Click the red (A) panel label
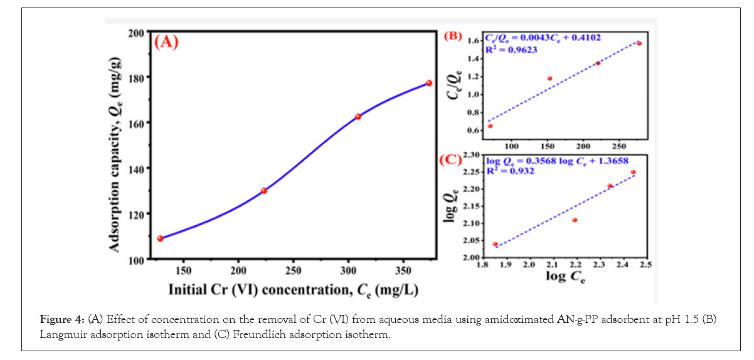click(x=167, y=43)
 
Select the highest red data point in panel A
click(x=429, y=83)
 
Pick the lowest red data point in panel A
click(x=160, y=238)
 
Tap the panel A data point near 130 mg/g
click(x=264, y=191)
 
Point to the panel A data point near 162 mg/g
click(x=358, y=117)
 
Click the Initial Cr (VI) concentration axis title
click(x=293, y=290)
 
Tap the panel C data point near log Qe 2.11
click(x=575, y=220)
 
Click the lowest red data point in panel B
click(x=490, y=126)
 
